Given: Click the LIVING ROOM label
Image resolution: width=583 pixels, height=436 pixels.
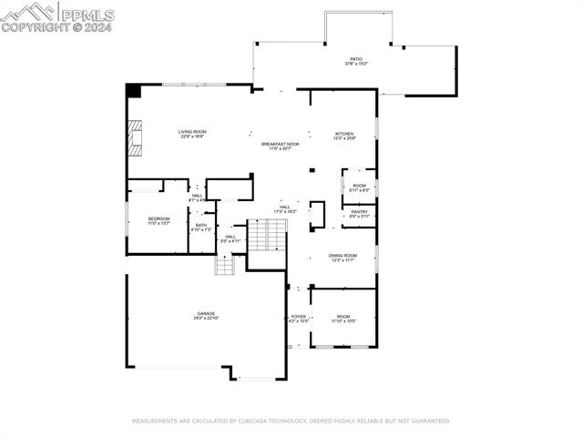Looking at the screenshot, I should (x=191, y=132).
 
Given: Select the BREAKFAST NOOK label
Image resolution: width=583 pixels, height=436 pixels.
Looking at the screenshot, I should (x=280, y=144).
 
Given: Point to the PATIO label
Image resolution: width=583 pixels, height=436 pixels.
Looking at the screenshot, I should (x=355, y=59).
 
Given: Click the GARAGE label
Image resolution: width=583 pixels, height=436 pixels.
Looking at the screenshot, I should (x=206, y=314).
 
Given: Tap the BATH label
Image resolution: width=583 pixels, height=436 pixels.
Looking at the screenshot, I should (x=200, y=226).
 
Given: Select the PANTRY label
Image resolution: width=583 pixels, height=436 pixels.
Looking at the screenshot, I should (x=359, y=212).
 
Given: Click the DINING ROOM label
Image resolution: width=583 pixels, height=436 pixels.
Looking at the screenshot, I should (x=343, y=256).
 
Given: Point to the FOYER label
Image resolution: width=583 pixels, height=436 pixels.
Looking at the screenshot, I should (x=299, y=317).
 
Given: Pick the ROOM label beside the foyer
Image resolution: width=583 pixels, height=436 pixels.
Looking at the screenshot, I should (x=343, y=317).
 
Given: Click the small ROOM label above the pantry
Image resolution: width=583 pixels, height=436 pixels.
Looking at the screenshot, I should (x=359, y=186).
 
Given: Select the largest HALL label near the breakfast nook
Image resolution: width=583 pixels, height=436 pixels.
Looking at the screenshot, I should (x=284, y=208).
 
